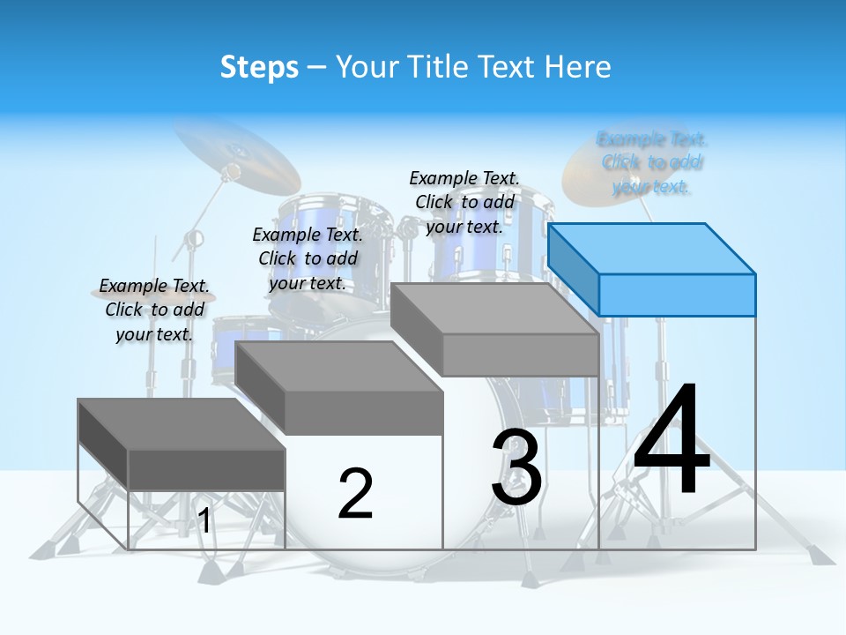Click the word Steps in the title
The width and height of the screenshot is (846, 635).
tap(259, 68)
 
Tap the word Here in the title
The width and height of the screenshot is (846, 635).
tap(577, 67)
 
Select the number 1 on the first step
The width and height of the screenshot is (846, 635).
tap(204, 520)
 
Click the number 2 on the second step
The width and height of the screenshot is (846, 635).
tap(355, 494)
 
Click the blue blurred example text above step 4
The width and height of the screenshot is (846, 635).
tap(652, 162)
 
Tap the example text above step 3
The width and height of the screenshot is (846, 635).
tap(464, 202)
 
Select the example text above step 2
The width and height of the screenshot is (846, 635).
tap(308, 258)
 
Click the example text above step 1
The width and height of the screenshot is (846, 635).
tap(154, 310)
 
